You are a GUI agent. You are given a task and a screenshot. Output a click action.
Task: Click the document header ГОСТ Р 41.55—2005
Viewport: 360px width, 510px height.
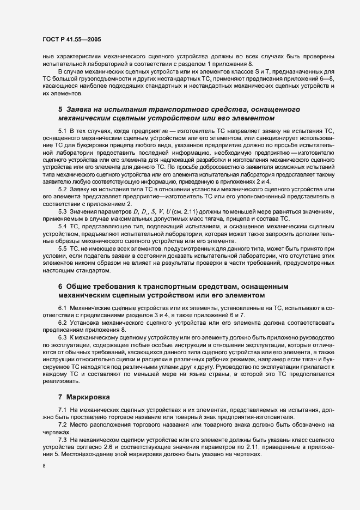pos(70,40)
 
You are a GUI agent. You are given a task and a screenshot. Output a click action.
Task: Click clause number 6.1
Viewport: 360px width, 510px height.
pos(62,308)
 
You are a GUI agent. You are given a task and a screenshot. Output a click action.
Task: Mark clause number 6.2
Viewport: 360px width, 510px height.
pos(62,323)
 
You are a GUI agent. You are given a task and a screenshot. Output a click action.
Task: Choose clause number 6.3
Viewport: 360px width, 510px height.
pos(62,338)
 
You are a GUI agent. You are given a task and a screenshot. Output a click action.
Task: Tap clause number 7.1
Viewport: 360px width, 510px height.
pos(62,409)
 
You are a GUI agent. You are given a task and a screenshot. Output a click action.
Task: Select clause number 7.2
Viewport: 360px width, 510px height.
pos(62,424)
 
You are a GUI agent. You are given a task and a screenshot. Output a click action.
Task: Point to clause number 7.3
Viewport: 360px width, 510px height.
pos(62,439)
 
